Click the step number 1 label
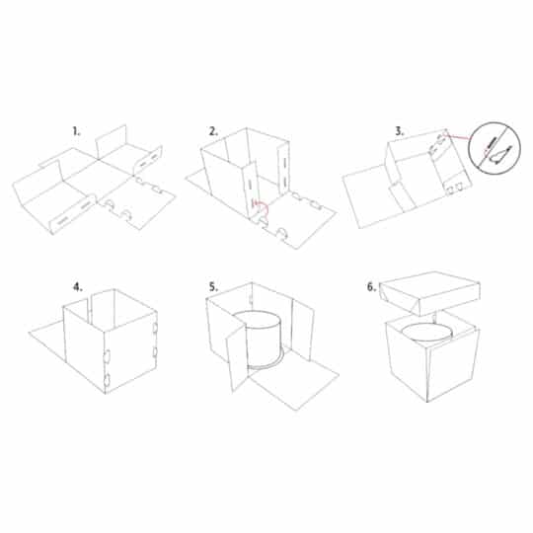(x=75, y=129)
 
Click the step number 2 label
(x=213, y=129)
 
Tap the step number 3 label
(x=372, y=129)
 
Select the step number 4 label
(x=76, y=287)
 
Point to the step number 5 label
(x=213, y=287)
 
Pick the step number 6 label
(x=372, y=287)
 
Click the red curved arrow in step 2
(x=259, y=204)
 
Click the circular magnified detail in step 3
(x=496, y=147)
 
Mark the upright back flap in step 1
(x=112, y=141)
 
